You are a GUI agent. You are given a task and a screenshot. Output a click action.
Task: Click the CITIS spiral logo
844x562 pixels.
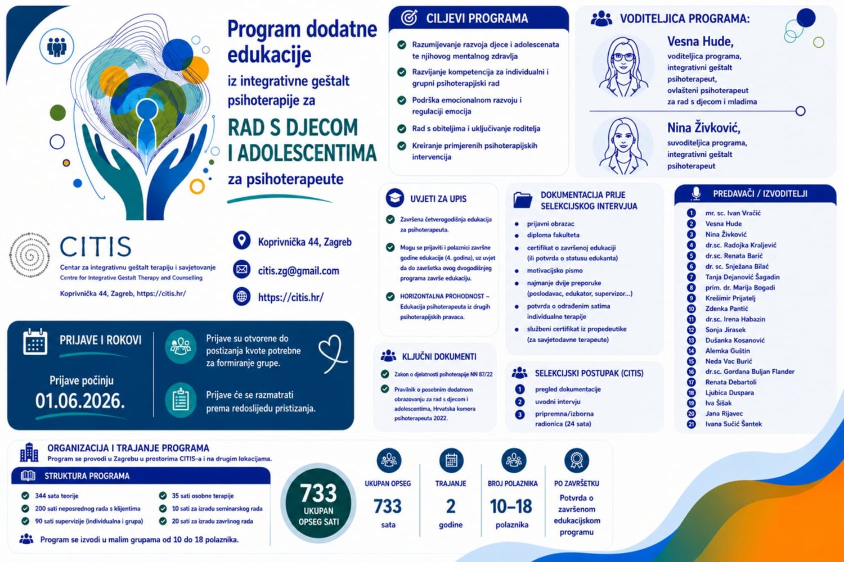point(30,255)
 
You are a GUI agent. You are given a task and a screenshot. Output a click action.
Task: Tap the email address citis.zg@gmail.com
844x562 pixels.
point(298,271)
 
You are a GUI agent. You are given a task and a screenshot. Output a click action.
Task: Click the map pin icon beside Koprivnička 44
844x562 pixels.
point(241,240)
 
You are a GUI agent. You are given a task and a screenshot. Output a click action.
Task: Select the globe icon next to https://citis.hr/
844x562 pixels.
point(241,297)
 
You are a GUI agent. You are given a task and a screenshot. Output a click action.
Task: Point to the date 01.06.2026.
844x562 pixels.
point(80,401)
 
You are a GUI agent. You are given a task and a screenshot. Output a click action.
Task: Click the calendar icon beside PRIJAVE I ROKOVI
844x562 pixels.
point(35,342)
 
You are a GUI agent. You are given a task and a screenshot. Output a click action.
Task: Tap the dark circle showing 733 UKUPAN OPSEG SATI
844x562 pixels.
point(318,504)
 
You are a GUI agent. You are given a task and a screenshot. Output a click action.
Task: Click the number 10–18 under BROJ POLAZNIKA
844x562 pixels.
point(511,506)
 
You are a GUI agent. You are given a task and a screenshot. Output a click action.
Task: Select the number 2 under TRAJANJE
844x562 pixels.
point(451,506)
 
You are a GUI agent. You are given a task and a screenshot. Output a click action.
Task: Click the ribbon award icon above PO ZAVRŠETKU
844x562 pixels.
point(577,460)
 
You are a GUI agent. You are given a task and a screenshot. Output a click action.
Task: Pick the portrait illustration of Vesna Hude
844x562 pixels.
point(623,67)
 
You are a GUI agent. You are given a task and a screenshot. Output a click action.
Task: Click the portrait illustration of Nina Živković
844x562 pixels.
point(623,146)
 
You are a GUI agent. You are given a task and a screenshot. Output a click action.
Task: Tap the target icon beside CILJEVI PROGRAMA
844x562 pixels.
point(409,17)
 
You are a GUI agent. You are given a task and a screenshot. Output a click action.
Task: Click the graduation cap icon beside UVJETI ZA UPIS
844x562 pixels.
point(395,198)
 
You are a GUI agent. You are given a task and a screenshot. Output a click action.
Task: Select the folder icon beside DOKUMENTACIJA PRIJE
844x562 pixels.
point(523,200)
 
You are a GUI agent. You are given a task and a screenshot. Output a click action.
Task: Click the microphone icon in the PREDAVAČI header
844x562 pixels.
point(696,193)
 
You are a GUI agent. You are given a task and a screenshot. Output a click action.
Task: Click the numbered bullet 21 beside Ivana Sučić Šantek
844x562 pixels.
point(691,424)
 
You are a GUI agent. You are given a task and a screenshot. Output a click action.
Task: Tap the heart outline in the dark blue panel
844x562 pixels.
point(333,353)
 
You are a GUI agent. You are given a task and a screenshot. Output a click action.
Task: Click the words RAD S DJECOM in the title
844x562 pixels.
point(293,128)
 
